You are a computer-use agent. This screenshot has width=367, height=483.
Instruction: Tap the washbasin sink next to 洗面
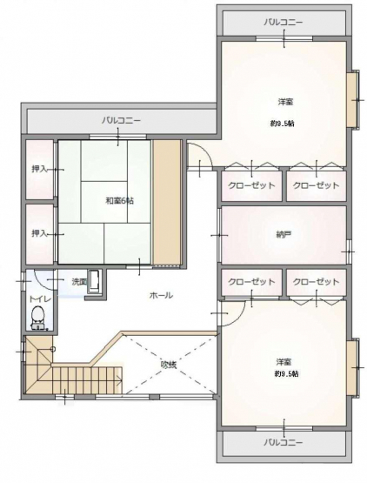click(94, 281)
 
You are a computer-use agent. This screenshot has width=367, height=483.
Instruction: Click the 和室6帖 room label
click(119, 201)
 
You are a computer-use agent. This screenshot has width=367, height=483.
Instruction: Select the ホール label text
click(161, 295)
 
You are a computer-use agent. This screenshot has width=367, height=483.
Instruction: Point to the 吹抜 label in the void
click(169, 365)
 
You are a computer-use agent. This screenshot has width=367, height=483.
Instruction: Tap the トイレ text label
click(39, 299)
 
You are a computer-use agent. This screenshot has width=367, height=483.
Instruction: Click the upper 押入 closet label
click(39, 169)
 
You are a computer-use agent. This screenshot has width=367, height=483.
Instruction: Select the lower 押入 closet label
click(39, 233)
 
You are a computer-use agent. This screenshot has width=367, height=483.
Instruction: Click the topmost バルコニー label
click(284, 23)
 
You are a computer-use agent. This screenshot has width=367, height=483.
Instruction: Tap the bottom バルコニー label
click(284, 442)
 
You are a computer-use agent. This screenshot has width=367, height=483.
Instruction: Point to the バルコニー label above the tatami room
click(121, 120)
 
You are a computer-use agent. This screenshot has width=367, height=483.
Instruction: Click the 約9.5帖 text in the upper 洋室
click(283, 124)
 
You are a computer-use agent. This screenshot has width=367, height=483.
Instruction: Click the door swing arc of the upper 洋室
click(205, 151)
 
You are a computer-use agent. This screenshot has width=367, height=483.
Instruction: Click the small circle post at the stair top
click(53, 349)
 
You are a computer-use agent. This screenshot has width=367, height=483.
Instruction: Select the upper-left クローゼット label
click(251, 185)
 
